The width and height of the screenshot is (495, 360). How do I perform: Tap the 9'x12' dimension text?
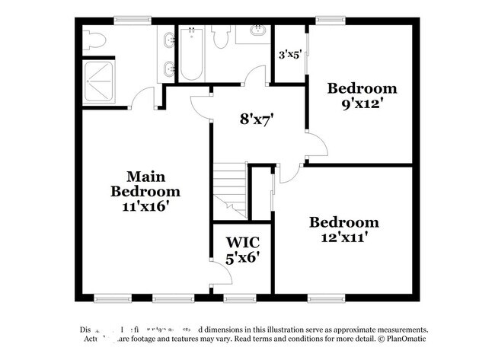362,102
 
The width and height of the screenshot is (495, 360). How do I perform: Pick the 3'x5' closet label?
289,55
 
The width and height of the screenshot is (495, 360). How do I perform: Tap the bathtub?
190,57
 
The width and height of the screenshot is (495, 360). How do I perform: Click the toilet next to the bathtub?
222,36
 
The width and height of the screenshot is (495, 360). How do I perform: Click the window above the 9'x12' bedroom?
329,21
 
